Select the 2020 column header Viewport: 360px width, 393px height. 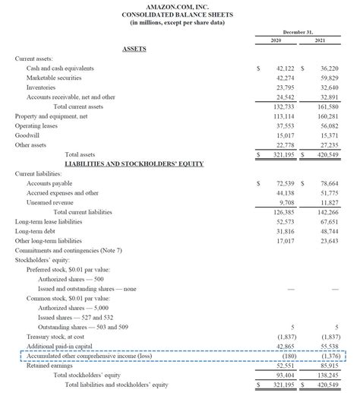pos(274,40)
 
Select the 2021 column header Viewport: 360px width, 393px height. pos(321,40)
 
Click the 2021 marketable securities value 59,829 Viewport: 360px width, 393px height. pos(329,78)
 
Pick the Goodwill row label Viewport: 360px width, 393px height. pos(29,135)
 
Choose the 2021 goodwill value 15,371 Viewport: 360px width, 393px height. pos(329,135)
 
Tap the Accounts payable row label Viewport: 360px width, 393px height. pos(50,183)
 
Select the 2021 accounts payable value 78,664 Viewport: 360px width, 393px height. pos(329,183)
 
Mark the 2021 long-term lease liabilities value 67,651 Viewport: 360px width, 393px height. pos(329,221)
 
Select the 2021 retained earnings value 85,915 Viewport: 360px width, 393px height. pos(329,365)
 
